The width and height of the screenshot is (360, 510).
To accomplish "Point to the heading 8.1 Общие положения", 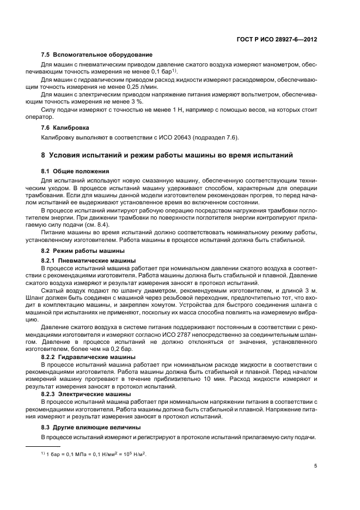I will (75, 171).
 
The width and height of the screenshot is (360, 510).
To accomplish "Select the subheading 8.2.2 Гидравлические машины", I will (88, 356).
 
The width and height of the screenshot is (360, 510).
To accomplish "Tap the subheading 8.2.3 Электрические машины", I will (87, 393).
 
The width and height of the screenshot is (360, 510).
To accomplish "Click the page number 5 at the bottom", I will (316, 466).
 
